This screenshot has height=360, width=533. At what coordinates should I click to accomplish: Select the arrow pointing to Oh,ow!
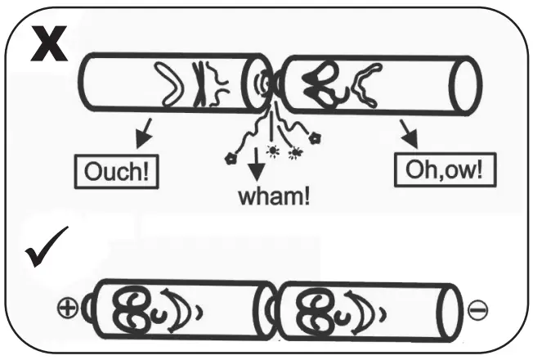tap(406, 129)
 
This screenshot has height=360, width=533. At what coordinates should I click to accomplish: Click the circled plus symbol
tap(69, 308)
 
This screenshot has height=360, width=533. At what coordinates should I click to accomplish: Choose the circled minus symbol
tap(480, 310)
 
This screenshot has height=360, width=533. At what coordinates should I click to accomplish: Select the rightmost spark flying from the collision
tap(315, 137)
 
